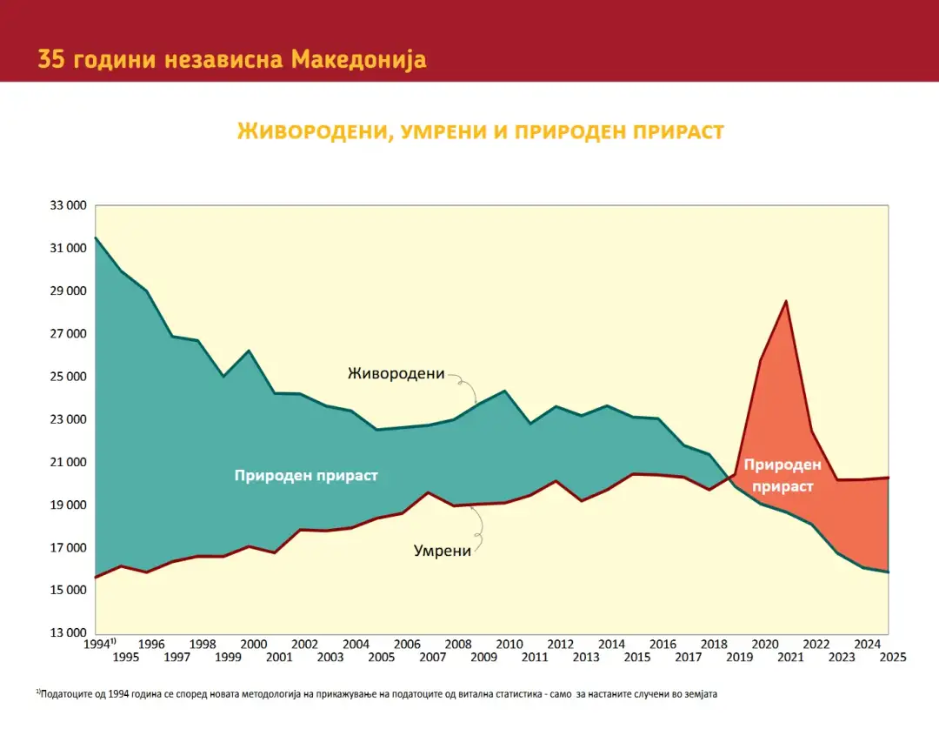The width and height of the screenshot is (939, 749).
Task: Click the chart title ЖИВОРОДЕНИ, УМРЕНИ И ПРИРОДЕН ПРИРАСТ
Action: (480, 131)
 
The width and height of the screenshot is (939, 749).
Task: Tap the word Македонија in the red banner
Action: (359, 59)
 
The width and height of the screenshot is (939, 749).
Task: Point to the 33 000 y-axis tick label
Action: (68, 205)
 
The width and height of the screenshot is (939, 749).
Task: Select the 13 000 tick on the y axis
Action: (68, 632)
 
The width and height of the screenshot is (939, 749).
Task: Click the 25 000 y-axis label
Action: (68, 377)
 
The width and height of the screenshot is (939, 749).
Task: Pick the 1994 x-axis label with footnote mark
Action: (99, 644)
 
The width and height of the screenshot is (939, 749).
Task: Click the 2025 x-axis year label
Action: (892, 658)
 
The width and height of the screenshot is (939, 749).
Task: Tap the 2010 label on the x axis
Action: (509, 645)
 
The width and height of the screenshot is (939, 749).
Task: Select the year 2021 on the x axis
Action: (790, 658)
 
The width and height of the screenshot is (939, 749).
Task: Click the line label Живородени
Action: (396, 374)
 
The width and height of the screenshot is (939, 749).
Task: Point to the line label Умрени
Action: (442, 551)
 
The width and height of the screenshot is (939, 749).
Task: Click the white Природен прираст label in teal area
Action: (306, 476)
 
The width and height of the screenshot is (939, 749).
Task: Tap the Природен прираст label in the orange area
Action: (782, 475)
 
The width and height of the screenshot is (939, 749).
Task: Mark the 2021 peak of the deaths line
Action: (786, 301)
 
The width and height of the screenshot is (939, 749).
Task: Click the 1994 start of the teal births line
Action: (96, 237)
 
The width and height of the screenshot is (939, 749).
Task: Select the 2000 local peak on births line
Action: (249, 351)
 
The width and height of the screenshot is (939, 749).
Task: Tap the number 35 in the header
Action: (51, 59)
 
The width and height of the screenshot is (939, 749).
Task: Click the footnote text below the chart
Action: (376, 694)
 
